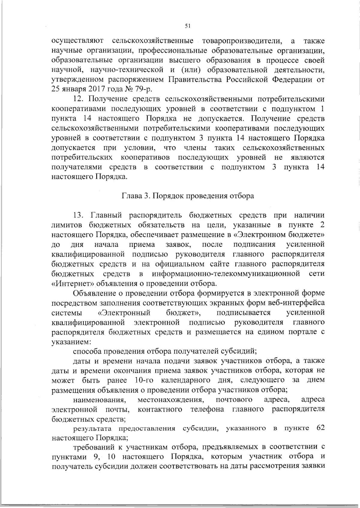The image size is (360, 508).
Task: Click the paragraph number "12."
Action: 80,99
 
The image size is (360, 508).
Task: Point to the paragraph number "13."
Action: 80,215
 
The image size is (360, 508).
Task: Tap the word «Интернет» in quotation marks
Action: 73,283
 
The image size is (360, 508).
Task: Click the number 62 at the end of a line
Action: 320,428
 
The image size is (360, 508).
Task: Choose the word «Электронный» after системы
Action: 124,312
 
